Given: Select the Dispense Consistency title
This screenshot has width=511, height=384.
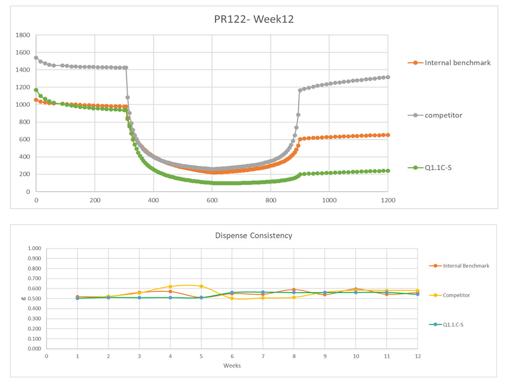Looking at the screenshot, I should pos(253,235).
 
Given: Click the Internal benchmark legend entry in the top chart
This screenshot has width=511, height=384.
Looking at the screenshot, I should pos(457,63).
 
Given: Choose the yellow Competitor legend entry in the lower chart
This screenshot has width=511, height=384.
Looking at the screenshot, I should pos(456,295).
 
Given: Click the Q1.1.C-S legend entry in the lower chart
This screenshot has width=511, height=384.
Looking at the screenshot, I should pos(453,325).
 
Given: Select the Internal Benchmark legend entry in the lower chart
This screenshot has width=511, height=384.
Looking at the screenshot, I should pos(466,265).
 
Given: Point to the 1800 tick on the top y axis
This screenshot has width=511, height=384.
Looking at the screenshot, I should pos(22,35).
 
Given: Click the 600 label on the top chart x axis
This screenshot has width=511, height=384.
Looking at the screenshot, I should pos(212,200).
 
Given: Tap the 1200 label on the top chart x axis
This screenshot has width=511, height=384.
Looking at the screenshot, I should pos(388,200).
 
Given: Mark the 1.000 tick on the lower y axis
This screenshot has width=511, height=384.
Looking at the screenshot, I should pos(34,248).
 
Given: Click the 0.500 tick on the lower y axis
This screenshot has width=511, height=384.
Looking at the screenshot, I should pos(34,299).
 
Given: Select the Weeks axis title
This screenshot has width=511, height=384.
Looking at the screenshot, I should pos(231,365).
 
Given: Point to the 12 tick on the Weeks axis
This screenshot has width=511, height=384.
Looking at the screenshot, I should pos(418,356).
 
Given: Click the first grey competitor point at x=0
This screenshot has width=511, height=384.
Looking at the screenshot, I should pos(36,58).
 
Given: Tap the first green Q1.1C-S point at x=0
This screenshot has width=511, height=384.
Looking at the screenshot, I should pos(36,90).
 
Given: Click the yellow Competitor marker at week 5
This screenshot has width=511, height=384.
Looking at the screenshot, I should pos(201,286).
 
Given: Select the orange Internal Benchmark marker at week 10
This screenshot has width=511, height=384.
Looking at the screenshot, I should pos(356,289).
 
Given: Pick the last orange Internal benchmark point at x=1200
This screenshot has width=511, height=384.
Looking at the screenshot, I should pos(388,135).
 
